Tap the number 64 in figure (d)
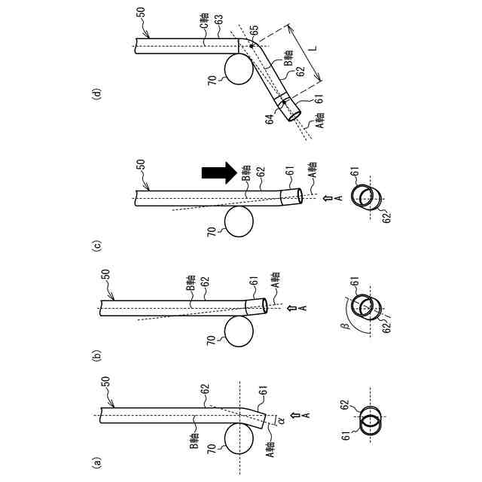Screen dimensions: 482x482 (x=273, y=120)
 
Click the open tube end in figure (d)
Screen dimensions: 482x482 (x=294, y=114)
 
